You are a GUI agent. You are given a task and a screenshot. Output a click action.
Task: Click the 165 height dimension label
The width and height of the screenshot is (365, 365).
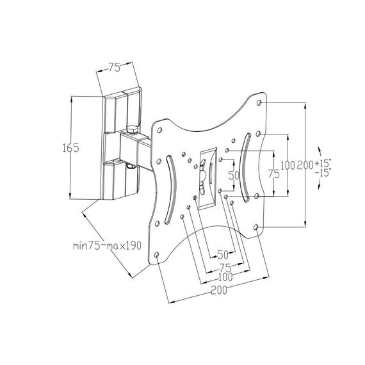71,147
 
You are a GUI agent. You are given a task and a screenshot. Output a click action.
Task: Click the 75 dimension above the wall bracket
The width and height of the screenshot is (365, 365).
114,67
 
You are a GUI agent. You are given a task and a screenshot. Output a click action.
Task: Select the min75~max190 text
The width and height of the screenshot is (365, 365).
107,246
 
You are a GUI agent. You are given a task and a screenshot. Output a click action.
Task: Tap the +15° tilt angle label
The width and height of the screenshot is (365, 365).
323,163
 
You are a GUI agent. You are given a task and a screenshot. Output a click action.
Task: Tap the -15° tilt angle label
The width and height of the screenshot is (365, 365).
323,172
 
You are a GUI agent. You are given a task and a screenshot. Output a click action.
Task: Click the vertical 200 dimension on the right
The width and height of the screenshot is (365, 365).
305,165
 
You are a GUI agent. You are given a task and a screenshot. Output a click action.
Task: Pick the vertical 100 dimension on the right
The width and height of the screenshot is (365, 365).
288,165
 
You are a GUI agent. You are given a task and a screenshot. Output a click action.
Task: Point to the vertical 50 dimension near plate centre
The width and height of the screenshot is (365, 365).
234,175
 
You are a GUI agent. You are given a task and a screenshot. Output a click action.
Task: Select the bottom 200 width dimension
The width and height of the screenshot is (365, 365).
219,290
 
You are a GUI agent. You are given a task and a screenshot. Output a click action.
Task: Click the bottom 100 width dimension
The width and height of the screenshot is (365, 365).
225,277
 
